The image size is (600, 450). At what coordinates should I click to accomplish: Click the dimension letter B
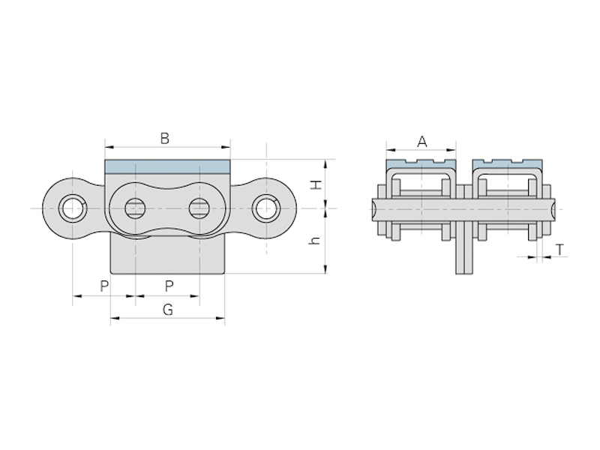coord(165,138)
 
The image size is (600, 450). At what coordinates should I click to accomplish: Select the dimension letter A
coord(422,141)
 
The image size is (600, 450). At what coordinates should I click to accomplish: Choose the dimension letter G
coord(167,309)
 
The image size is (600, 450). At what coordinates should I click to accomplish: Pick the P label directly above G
coord(169,286)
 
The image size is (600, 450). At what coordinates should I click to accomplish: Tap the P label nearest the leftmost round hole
coord(104,286)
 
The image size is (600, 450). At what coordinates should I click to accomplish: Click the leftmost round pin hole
coord(72,207)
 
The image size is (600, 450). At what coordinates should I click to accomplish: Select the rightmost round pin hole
coord(265,207)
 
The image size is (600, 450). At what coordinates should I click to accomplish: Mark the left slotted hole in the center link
coord(135,208)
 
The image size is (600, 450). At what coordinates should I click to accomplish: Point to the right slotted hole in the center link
coord(199,208)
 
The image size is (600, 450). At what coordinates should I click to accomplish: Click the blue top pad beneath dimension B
coord(167,165)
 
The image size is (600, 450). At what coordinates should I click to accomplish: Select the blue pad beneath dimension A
coord(421,163)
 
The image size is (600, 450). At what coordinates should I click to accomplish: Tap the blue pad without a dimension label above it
coord(507,163)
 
